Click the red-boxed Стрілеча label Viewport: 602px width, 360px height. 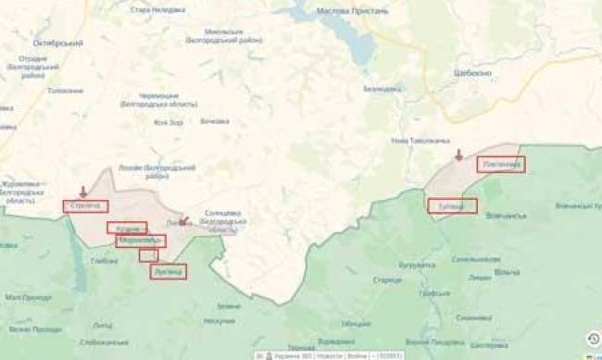pyautogui.click(x=85, y=205)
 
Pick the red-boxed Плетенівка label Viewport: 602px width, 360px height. pyautogui.click(x=501, y=164)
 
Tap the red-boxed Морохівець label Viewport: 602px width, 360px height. pyautogui.click(x=141, y=241)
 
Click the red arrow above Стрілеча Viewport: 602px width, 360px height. pyautogui.click(x=83, y=192)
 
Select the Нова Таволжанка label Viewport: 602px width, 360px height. pyautogui.click(x=413, y=140)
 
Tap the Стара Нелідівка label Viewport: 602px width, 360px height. pyautogui.click(x=153, y=9)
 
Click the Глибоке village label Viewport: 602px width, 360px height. pyautogui.click(x=105, y=261)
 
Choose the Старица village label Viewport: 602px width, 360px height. pyautogui.click(x=386, y=278)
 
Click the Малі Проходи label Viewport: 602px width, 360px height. pyautogui.click(x=28, y=297)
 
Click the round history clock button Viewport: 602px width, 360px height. pyautogui.click(x=593, y=339)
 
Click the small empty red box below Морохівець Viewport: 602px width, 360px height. pyautogui.click(x=148, y=255)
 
